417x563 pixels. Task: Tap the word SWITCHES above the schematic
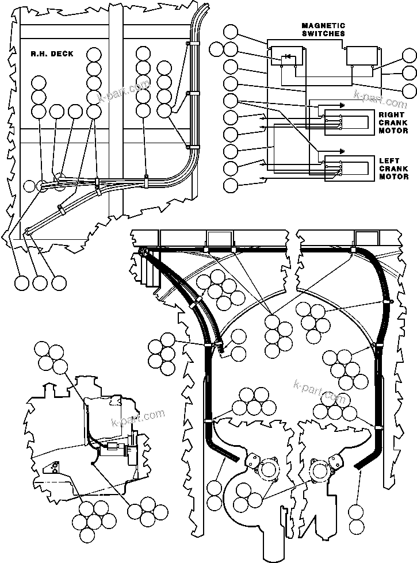(323, 33)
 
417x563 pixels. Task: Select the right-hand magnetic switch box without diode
(361, 56)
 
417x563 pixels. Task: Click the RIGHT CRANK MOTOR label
(393, 122)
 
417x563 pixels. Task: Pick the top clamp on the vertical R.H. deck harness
(188, 44)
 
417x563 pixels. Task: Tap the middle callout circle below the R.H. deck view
(40, 283)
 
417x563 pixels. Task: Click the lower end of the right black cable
(358, 466)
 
